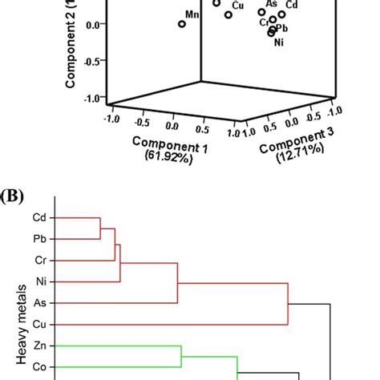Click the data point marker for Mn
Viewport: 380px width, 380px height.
coord(182,24)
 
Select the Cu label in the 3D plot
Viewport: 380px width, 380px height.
coord(237,6)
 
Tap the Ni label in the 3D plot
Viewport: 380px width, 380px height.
coord(279,42)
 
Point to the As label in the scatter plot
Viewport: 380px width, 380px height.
coord(271,3)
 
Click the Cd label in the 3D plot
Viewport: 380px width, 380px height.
coord(292,6)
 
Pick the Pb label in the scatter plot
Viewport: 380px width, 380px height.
coord(281,28)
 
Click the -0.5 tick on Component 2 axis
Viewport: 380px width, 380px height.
coord(93,60)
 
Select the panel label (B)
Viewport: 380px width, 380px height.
coord(13,195)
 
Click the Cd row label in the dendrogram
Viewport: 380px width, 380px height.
coord(38,217)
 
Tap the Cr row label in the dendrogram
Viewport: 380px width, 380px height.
coord(39,261)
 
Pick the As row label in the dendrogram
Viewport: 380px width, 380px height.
coord(39,304)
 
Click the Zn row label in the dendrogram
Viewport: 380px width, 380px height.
coord(39,347)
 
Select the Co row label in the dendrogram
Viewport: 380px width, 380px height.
coord(39,368)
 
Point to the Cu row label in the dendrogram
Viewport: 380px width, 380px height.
coord(39,325)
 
